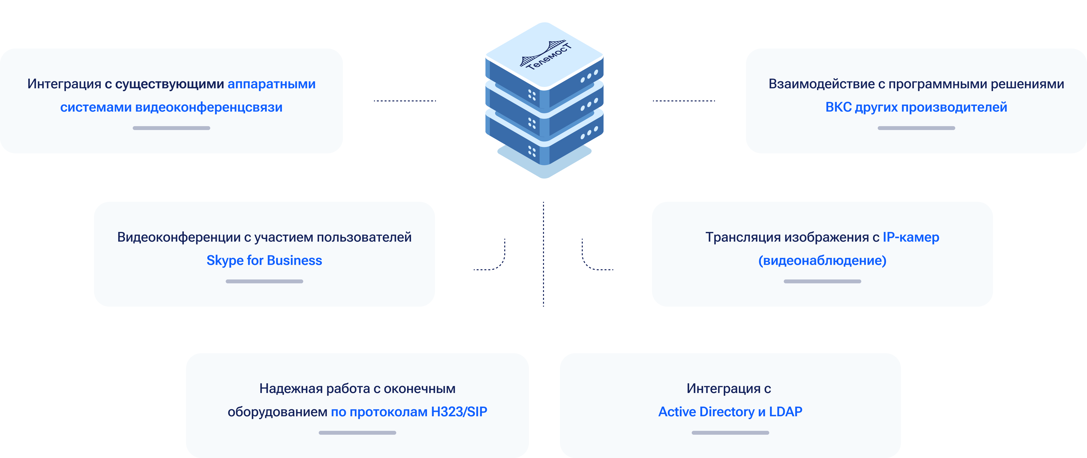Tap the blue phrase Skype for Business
click(264, 260)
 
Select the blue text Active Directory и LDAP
click(730, 411)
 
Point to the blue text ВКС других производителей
click(916, 107)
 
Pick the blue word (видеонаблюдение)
click(822, 260)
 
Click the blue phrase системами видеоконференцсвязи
click(171, 107)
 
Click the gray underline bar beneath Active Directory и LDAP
click(730, 433)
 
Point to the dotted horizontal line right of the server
click(683, 101)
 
